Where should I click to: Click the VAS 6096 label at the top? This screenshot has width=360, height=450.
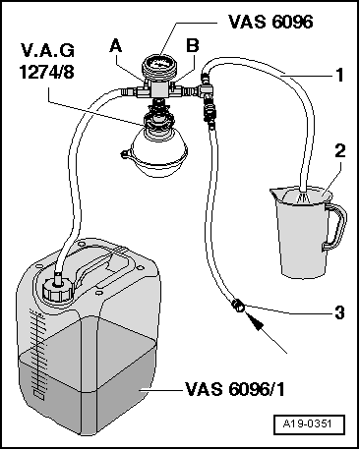270,22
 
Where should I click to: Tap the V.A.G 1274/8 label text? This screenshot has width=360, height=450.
46,61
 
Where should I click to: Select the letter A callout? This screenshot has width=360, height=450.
116,46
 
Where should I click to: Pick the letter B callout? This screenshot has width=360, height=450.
193,46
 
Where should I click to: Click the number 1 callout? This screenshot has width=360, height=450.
340,75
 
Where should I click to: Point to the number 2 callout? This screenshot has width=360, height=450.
339,151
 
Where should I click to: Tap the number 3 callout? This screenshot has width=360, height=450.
340,312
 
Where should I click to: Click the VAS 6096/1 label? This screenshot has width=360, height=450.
235,389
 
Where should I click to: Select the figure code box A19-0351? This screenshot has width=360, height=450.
309,424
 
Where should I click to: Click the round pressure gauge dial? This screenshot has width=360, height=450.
159,64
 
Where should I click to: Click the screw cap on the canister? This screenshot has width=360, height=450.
57,290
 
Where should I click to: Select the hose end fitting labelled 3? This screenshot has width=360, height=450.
238,306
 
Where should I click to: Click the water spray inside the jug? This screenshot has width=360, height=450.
303,197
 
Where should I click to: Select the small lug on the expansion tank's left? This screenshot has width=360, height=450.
126,153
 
